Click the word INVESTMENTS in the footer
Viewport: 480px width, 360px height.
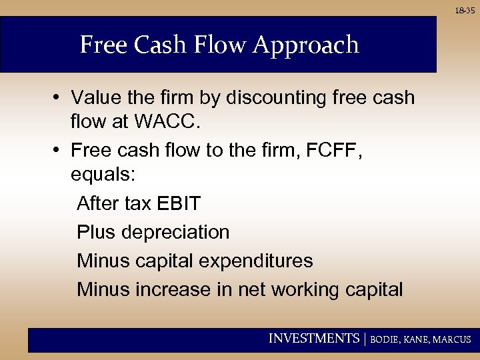(313, 339)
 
